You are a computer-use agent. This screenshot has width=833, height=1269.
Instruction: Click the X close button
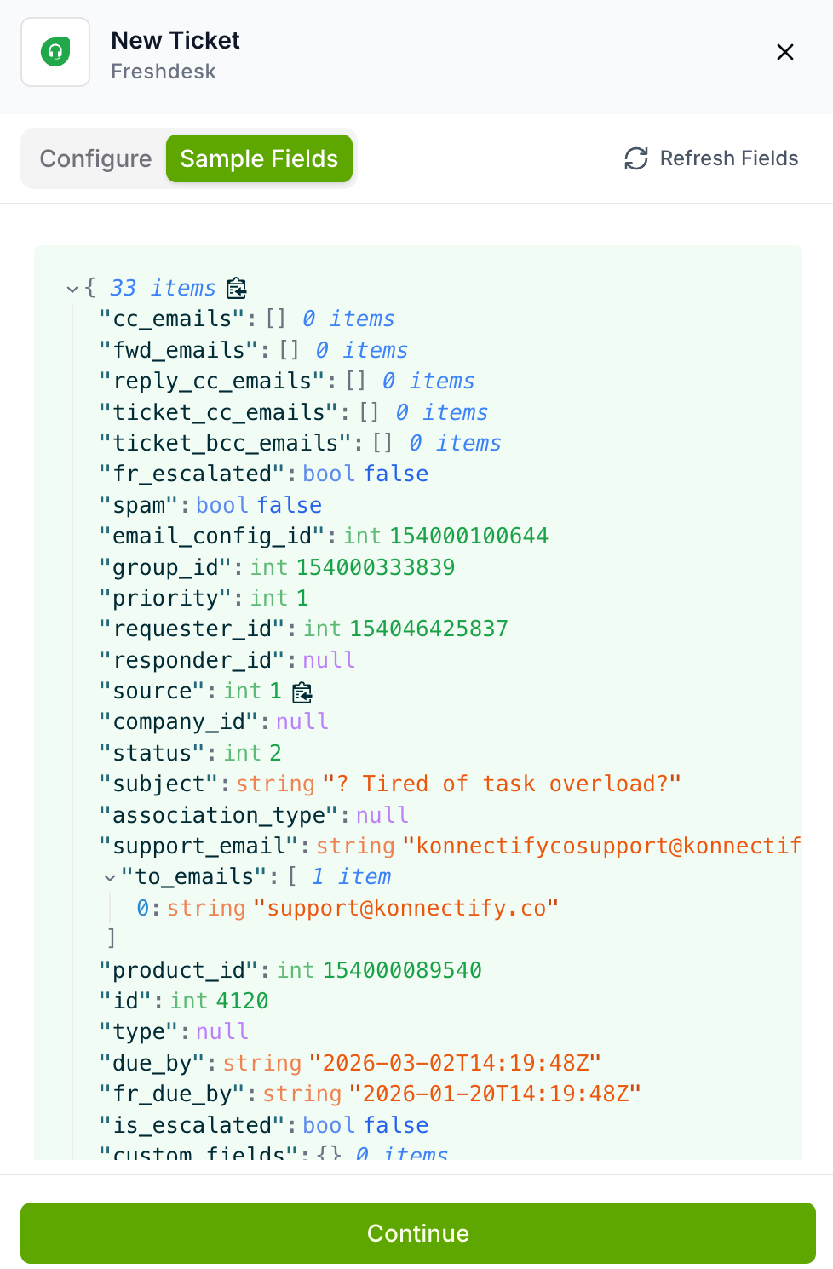[x=785, y=52]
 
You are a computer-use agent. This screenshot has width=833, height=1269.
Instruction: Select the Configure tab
[x=95, y=158]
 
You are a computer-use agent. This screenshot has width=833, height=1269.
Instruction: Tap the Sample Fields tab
[x=259, y=158]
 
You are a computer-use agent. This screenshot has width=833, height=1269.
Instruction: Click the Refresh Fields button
[x=711, y=158]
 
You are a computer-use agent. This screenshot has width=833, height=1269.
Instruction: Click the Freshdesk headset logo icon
[x=55, y=52]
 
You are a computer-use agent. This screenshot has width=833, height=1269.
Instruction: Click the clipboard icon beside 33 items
[x=237, y=289]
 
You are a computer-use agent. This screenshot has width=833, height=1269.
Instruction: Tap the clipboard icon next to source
[x=302, y=692]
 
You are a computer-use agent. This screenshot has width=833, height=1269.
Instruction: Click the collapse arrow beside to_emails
[x=110, y=877]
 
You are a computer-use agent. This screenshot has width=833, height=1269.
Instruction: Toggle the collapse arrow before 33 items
[x=72, y=289]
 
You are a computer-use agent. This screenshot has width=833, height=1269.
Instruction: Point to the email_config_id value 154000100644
[x=468, y=536]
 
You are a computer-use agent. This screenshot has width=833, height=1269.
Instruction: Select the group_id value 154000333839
[x=376, y=567]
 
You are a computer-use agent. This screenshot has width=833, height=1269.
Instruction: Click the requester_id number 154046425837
[x=428, y=629]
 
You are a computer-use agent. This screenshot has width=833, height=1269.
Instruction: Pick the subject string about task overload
[x=502, y=784]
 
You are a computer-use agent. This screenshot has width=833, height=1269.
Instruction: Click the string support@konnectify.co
[x=412, y=908]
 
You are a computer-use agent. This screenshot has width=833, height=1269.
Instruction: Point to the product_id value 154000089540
[x=402, y=970]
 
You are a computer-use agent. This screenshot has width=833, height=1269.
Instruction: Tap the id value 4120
[x=243, y=1001]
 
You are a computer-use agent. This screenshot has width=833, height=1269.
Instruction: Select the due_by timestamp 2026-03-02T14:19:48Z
[x=455, y=1063]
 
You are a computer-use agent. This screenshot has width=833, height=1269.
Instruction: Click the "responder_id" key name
[x=192, y=660]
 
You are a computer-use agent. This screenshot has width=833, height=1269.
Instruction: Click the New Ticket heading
[x=175, y=40]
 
